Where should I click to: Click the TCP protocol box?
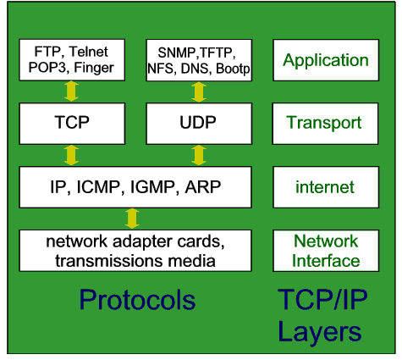point(72,124)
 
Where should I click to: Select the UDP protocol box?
point(199,124)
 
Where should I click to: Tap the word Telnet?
point(88,52)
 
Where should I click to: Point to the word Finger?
point(94,68)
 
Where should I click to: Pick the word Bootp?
point(233,69)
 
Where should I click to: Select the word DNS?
point(195,69)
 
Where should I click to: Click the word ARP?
point(202,187)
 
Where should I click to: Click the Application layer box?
point(326,60)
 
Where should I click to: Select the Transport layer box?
point(325,124)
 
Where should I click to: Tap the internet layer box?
point(326,187)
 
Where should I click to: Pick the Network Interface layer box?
point(326,251)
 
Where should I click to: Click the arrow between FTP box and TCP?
point(71,91)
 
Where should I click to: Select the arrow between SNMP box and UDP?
point(199,91)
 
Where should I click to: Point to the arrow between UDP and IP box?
point(199,155)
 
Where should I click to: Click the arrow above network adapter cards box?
point(132,219)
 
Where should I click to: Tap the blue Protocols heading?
point(137,300)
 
